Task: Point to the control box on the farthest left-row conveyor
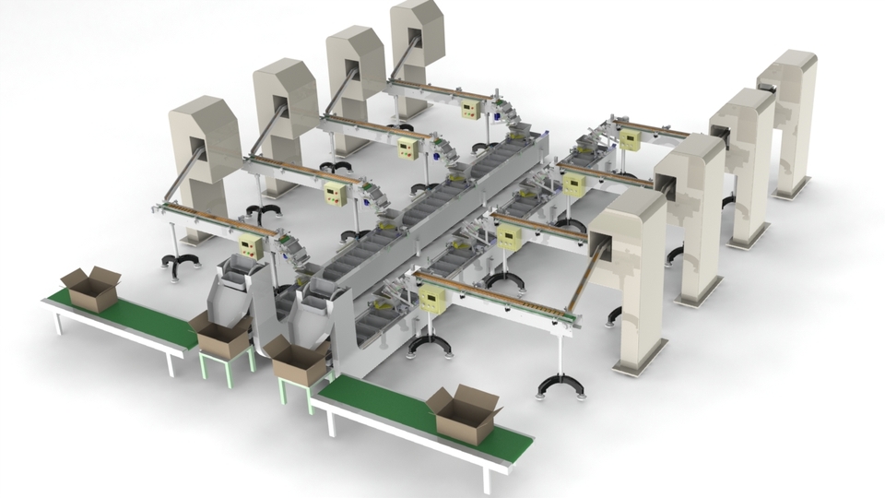[472, 109]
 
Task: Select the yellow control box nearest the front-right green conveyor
[431, 297]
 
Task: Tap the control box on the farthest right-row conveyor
[630, 138]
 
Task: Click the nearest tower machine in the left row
[205, 152]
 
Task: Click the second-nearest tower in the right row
[691, 212]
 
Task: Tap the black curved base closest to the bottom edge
[559, 385]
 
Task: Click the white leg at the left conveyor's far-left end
[58, 324]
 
